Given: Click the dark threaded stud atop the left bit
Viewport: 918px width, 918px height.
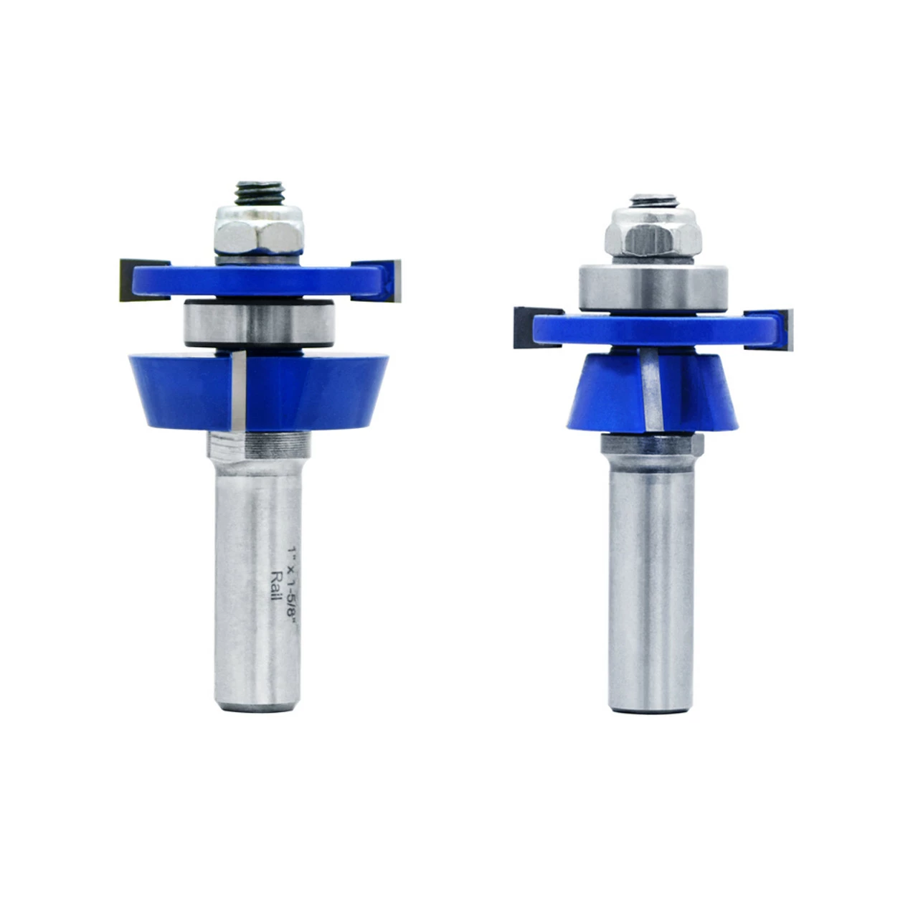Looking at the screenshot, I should pos(256,194).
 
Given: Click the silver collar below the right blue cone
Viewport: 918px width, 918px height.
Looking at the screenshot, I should pos(651,443).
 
